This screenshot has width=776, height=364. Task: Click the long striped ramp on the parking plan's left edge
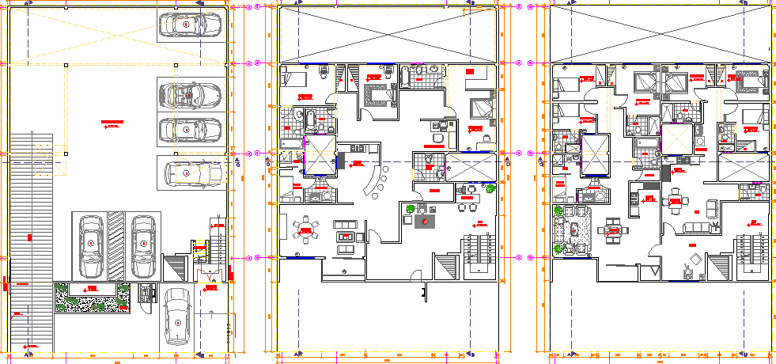pos(30,245)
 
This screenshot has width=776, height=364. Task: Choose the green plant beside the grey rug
pos(411,208)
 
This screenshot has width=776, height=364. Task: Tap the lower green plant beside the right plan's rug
pos(559,248)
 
